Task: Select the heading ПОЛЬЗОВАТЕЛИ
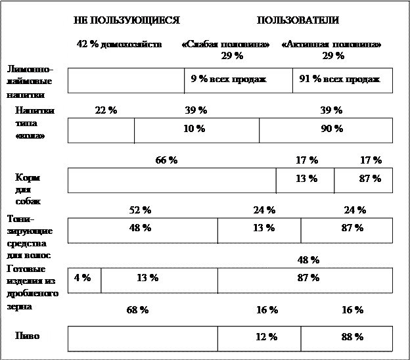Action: click(298, 21)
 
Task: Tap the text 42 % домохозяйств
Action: click(119, 44)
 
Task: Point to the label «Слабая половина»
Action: click(225, 44)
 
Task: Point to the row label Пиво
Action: click(28, 336)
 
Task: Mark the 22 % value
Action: click(106, 110)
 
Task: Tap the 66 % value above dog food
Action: click(167, 160)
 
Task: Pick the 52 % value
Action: click(141, 210)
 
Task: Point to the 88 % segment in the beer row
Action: click(353, 337)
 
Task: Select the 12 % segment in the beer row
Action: click(267, 337)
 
